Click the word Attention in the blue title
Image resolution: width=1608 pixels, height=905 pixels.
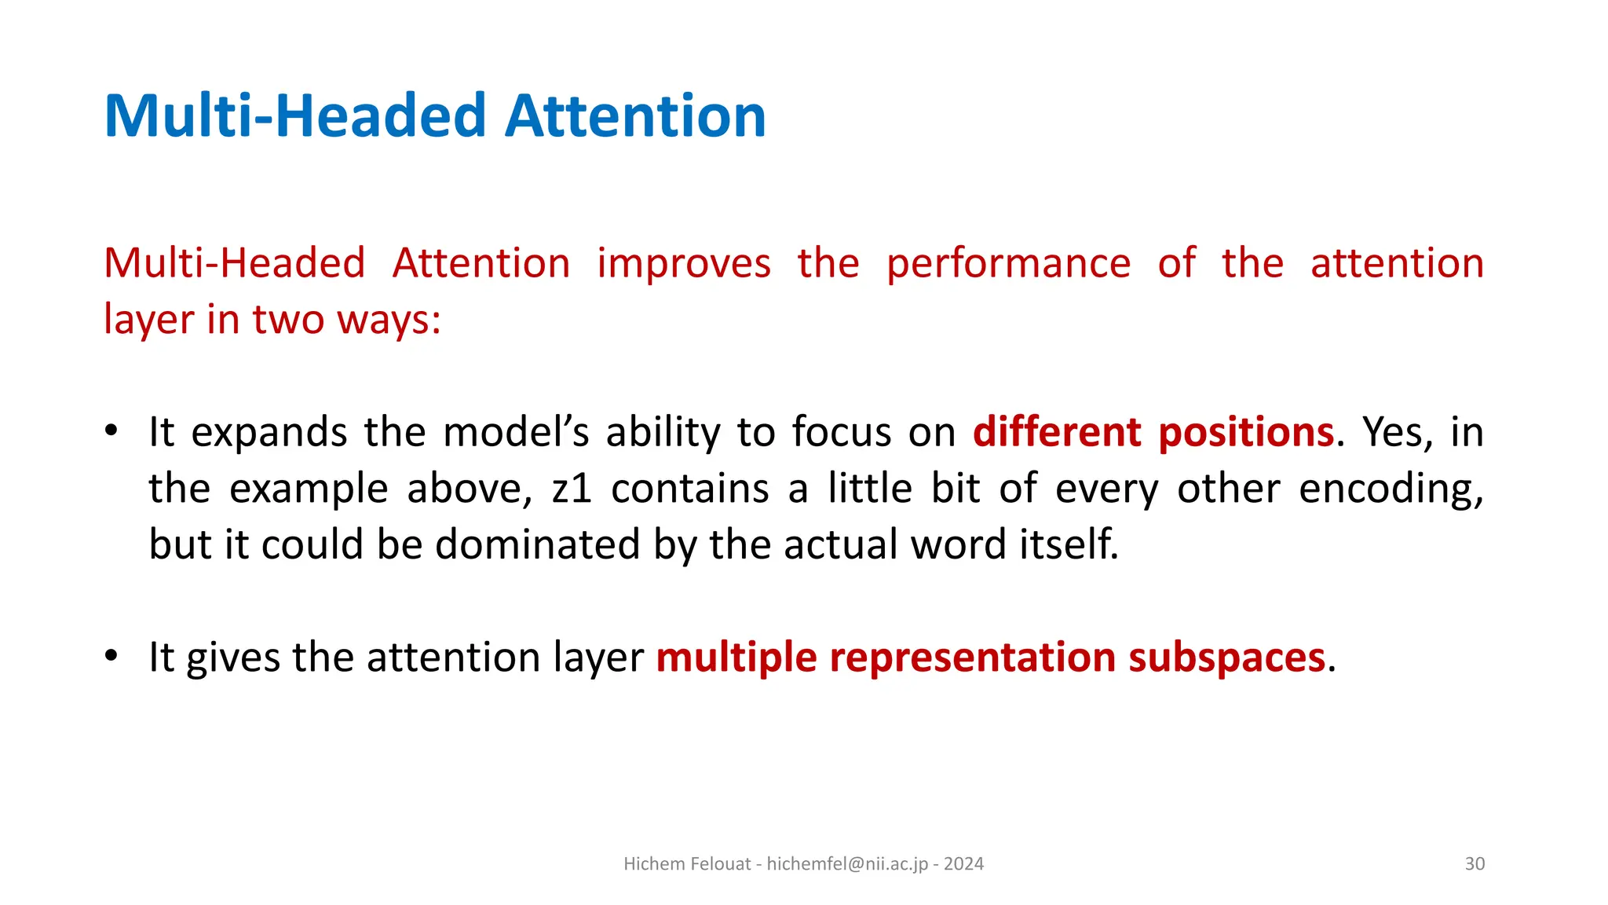pos(634,116)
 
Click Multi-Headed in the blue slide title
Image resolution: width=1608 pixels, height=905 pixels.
pos(295,116)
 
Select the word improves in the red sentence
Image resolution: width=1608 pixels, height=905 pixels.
pos(683,263)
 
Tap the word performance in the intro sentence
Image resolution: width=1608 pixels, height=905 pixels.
pos(1008,263)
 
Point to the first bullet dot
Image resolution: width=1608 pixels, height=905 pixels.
pos(111,431)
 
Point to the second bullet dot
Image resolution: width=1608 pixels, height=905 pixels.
pos(111,655)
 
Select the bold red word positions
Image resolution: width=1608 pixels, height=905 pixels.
pos(1246,432)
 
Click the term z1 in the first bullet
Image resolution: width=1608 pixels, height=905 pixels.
pos(572,489)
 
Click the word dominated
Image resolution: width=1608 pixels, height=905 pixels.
pos(538,544)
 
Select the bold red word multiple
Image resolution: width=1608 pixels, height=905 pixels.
pos(736,657)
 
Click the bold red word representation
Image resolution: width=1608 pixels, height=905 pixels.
pos(972,657)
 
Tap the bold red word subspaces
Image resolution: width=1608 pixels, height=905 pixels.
pos(1226,657)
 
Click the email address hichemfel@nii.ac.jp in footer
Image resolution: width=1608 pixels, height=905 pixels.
pos(847,864)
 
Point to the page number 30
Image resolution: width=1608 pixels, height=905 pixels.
pos(1475,864)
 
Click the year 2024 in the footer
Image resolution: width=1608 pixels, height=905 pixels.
pos(963,864)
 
